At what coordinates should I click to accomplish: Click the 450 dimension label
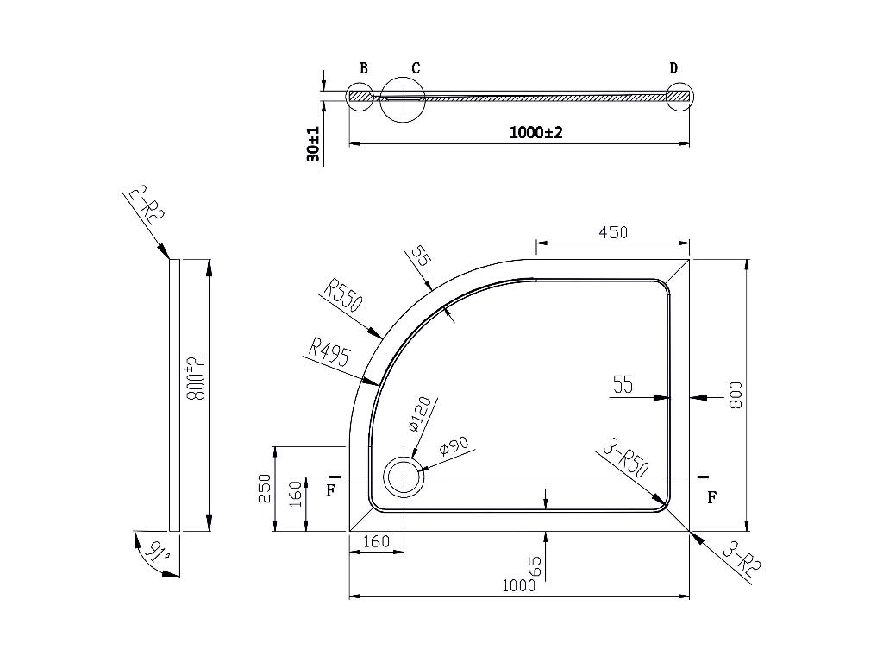click(x=613, y=232)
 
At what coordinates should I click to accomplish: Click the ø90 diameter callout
click(x=454, y=446)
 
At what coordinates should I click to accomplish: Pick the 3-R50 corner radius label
click(x=626, y=459)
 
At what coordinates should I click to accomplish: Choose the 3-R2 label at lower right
click(x=742, y=559)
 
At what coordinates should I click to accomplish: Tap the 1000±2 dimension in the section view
click(x=535, y=132)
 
